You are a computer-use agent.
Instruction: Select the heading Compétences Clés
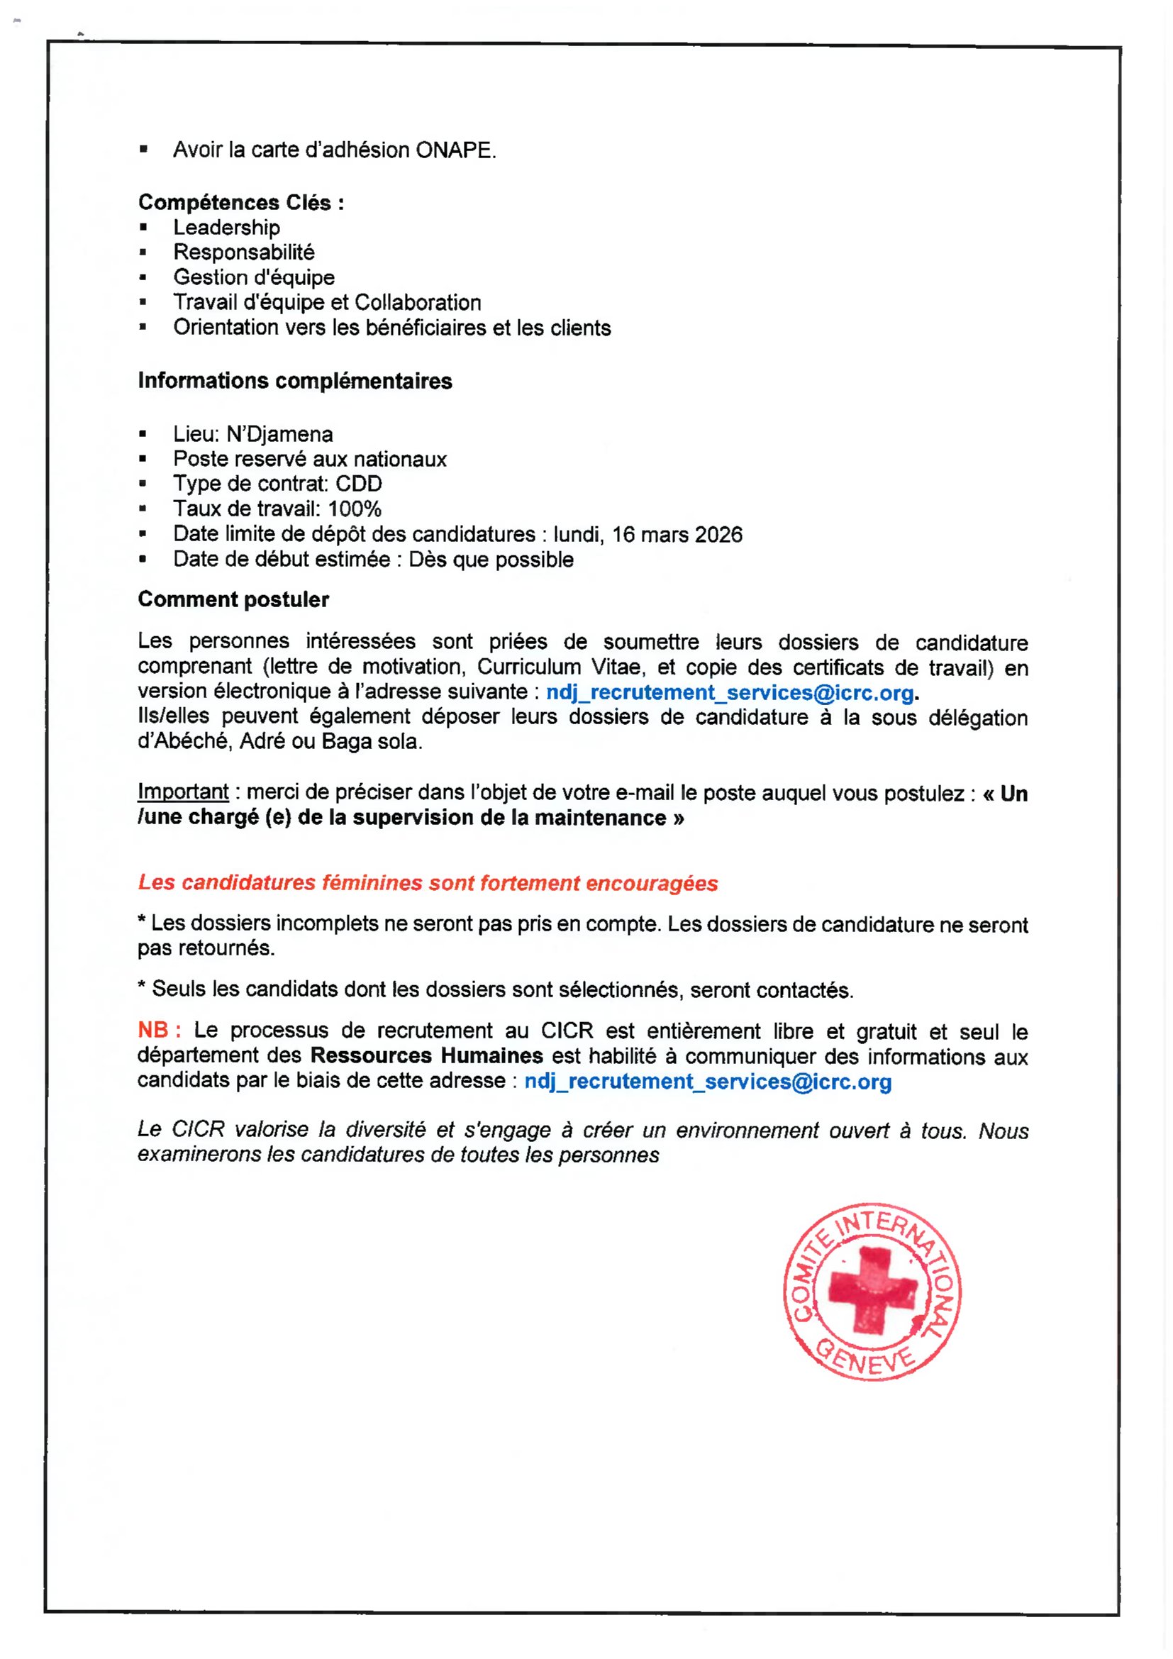[x=240, y=202]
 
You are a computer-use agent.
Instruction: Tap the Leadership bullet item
[x=227, y=228]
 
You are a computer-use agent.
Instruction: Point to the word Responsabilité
[x=244, y=253]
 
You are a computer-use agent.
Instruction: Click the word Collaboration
[x=418, y=303]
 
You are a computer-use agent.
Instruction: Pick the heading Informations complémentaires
[x=295, y=381]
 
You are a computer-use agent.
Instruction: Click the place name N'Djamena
[x=279, y=434]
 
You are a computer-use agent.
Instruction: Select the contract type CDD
[x=359, y=484]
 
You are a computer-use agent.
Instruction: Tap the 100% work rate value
[x=354, y=509]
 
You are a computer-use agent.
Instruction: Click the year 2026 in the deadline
[x=718, y=535]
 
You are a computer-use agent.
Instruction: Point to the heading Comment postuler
[x=233, y=600]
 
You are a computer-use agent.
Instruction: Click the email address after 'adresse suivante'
[x=730, y=693]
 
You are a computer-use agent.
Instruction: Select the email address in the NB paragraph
[x=708, y=1082]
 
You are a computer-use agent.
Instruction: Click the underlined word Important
[x=183, y=792]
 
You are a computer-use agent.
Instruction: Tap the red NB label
[x=153, y=1031]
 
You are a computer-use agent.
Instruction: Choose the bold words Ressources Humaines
[x=426, y=1055]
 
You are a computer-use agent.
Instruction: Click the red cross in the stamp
[x=872, y=1289]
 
